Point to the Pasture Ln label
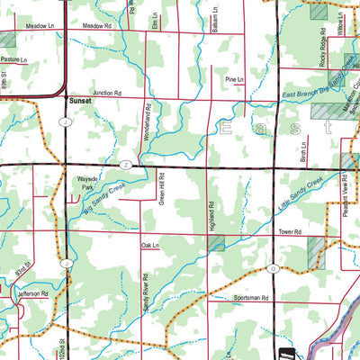[15, 59]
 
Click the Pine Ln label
[234, 80]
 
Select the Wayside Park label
[86, 185]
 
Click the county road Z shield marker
[127, 166]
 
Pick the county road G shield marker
[271, 267]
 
